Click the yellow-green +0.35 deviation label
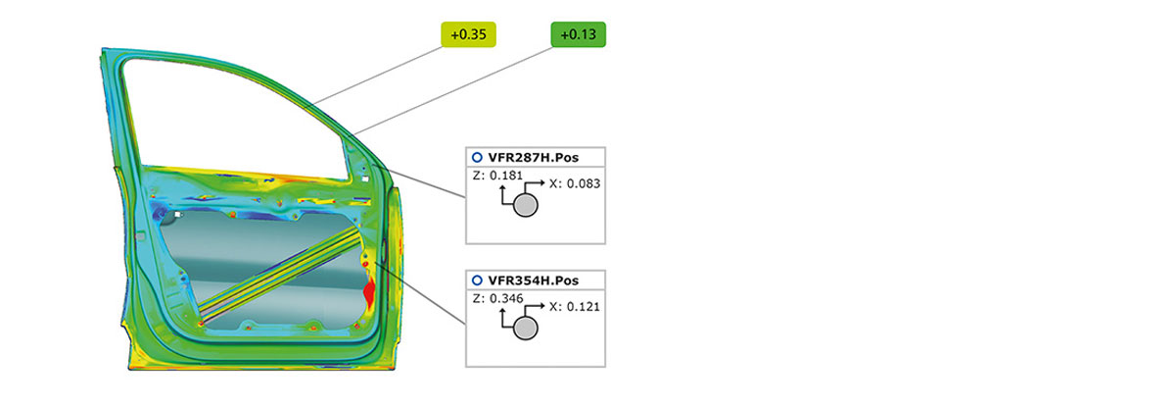pyautogui.click(x=468, y=34)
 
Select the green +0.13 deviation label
pyautogui.click(x=578, y=34)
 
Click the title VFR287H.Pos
pyautogui.click(x=533, y=158)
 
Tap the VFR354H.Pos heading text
pyautogui.click(x=533, y=280)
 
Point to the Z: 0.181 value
pyautogui.click(x=497, y=176)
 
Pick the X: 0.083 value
pyautogui.click(x=575, y=183)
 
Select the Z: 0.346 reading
pyautogui.click(x=497, y=298)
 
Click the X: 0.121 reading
pyautogui.click(x=575, y=307)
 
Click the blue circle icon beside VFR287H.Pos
pyautogui.click(x=477, y=158)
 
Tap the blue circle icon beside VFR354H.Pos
pyautogui.click(x=477, y=280)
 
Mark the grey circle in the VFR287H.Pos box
pyautogui.click(x=525, y=205)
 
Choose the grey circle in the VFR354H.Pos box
pyautogui.click(x=525, y=328)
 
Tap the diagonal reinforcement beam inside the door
pyautogui.click(x=280, y=275)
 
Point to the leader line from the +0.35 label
pyautogui.click(x=375, y=76)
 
